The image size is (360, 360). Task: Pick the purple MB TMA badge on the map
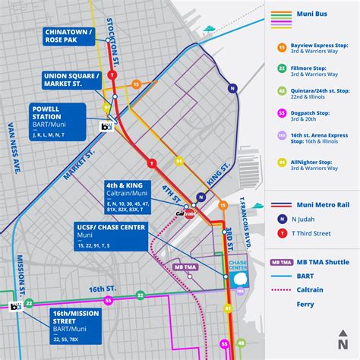(184, 267)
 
